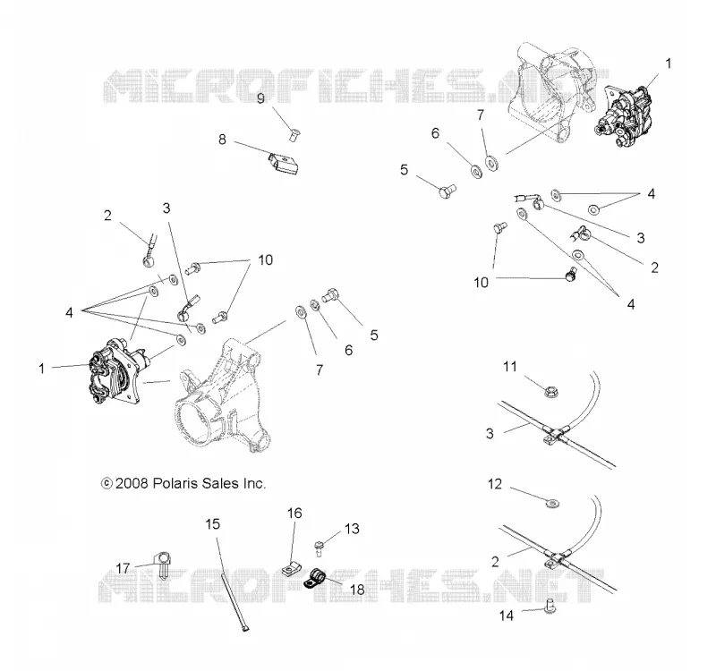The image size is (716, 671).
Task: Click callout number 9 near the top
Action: point(260,98)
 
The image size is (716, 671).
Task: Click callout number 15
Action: point(213,524)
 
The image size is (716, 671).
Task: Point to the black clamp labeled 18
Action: point(314,579)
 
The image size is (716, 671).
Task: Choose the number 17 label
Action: point(123,568)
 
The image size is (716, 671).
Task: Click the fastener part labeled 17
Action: point(162,565)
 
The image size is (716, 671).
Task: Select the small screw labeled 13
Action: point(319,548)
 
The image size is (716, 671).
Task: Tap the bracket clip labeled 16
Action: point(291,570)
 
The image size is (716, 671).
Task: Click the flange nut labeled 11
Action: point(551,391)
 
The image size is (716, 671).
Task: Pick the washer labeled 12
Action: point(552,504)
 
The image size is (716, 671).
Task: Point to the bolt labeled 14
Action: point(550,606)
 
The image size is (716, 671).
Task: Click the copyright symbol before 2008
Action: point(107,483)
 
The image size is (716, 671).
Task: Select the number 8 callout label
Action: point(222,139)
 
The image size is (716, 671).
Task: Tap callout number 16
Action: point(295,513)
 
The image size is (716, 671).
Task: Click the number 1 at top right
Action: point(668,64)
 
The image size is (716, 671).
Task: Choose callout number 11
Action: point(510,367)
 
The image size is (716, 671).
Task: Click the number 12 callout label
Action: point(495,484)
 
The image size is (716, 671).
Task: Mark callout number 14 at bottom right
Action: point(507,616)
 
